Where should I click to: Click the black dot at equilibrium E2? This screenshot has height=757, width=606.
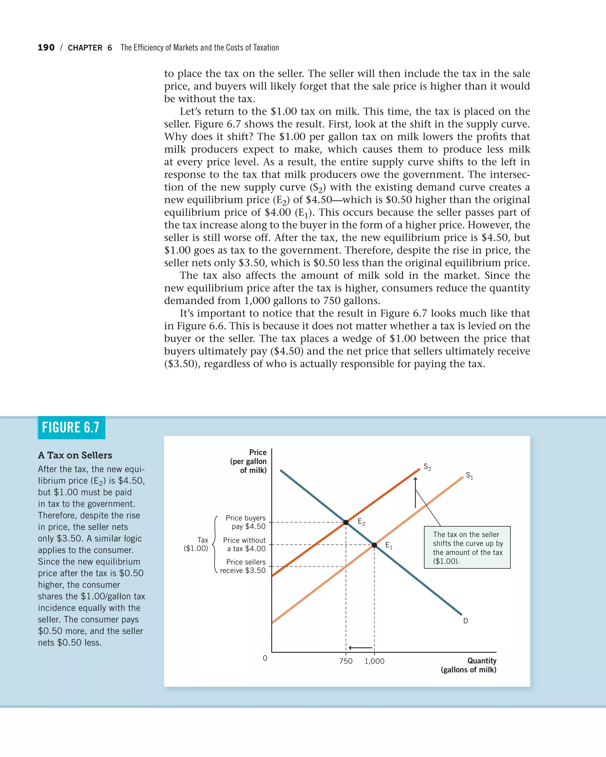[346, 523]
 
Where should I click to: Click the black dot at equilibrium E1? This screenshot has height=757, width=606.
[374, 545]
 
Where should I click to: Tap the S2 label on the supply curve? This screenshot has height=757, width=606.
[427, 467]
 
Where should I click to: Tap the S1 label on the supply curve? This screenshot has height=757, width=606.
[469, 476]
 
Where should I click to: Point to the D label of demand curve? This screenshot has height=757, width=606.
[465, 621]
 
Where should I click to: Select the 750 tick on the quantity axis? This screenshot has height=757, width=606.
[346, 661]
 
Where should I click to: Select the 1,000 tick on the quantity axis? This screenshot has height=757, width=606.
[375, 661]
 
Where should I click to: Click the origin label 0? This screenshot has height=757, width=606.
[265, 658]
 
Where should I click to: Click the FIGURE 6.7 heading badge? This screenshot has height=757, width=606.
[71, 427]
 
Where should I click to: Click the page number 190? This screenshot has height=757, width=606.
[46, 48]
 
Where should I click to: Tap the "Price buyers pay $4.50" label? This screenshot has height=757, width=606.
[246, 522]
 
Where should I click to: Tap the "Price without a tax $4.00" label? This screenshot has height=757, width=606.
[244, 545]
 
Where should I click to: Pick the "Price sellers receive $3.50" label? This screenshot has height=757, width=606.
[243, 566]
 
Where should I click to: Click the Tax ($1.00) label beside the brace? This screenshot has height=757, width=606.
[196, 544]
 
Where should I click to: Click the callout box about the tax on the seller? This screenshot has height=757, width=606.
[467, 547]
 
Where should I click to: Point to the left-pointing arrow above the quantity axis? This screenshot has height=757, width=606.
[360, 648]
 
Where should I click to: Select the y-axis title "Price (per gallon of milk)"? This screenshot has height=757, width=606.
[249, 461]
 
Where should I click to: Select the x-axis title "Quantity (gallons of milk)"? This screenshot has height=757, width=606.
[469, 665]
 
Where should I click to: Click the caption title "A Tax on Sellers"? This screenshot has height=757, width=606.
[75, 455]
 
